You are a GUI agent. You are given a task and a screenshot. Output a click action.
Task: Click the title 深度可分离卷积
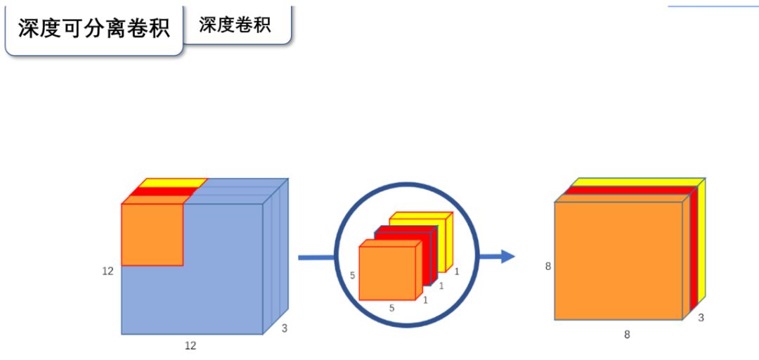(x=93, y=29)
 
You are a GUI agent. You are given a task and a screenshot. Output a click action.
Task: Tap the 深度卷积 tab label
(x=235, y=24)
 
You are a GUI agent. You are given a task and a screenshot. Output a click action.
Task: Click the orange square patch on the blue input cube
(x=152, y=235)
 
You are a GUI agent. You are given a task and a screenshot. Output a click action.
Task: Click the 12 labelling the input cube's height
(x=108, y=271)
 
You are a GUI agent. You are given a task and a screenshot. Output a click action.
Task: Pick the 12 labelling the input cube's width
(x=190, y=346)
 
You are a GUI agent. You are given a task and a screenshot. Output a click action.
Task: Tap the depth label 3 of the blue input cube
(x=284, y=328)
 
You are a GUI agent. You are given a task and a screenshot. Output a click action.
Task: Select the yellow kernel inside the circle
(x=422, y=219)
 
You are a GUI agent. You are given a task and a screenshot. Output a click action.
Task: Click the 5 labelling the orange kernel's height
(x=352, y=276)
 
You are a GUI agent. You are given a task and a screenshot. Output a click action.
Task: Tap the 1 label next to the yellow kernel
(x=457, y=271)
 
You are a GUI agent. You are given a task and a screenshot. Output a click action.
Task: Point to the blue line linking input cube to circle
(x=316, y=257)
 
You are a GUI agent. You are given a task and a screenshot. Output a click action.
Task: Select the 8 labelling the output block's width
(x=627, y=335)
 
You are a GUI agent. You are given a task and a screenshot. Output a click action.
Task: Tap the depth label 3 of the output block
(x=701, y=318)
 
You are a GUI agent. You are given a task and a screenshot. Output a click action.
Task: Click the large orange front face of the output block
(x=618, y=260)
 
